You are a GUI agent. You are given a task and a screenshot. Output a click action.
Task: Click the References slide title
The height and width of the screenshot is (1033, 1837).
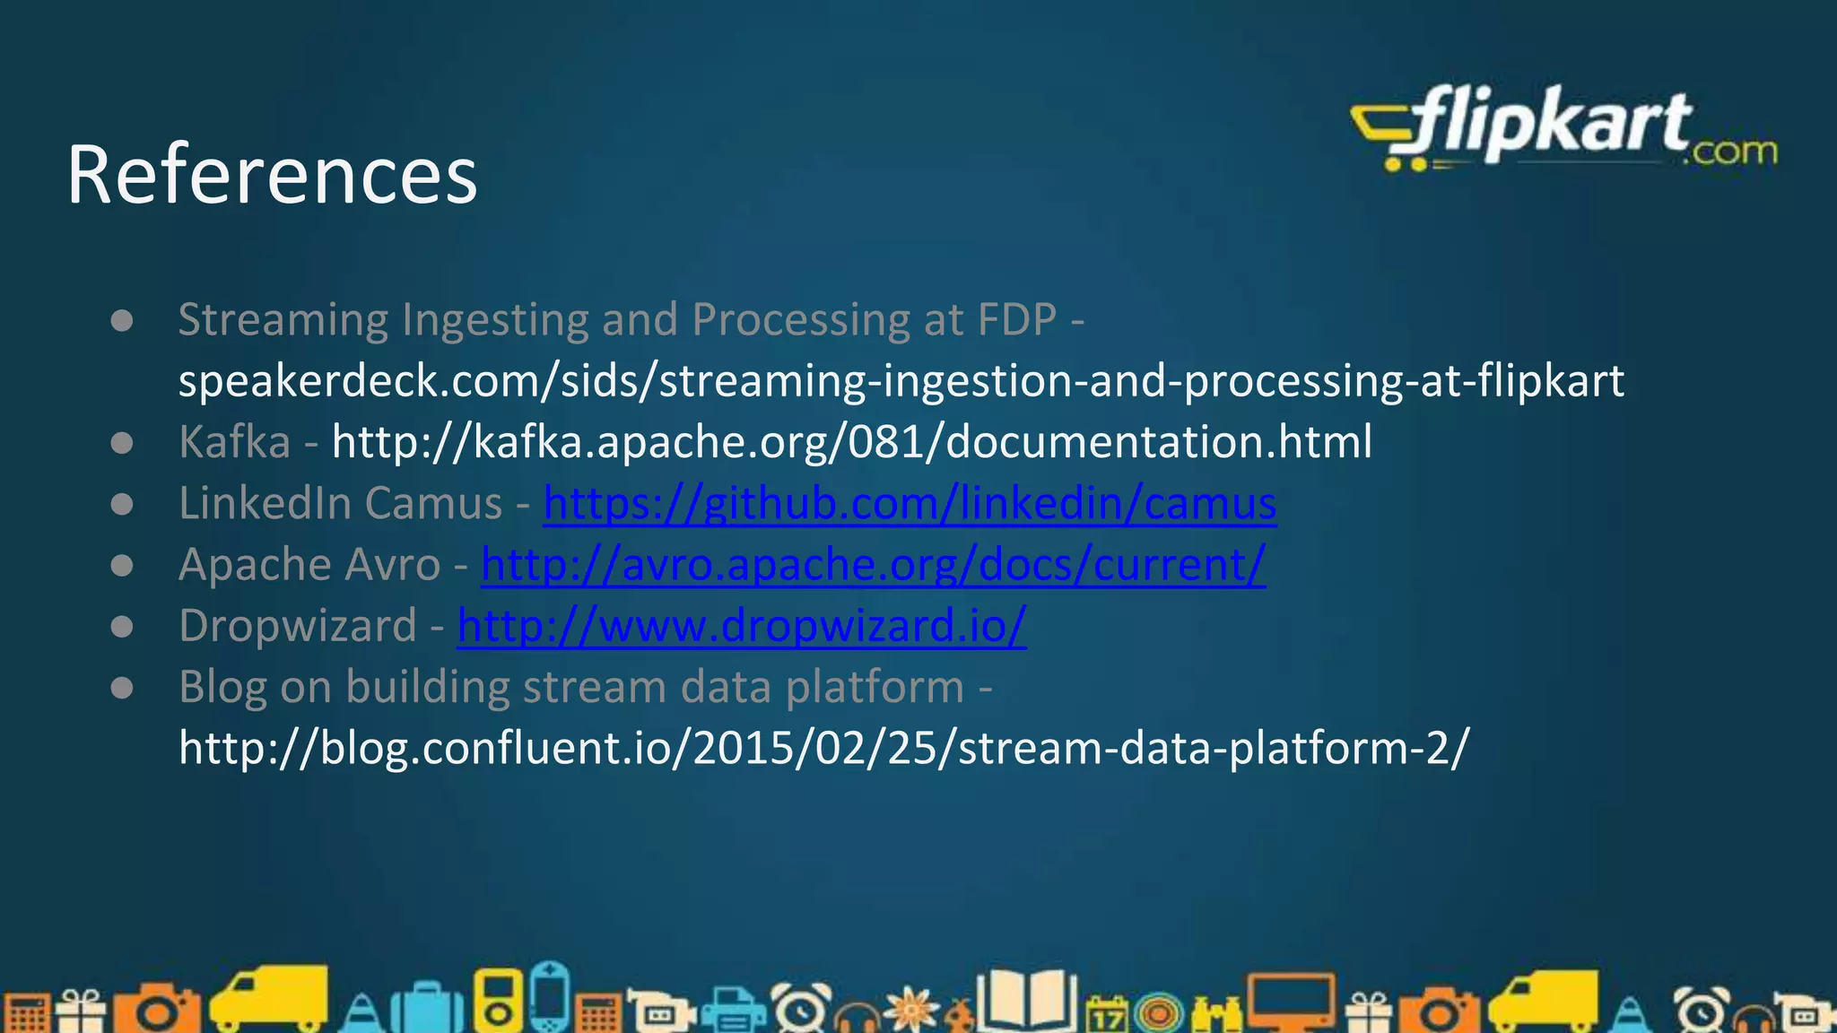pos(272,175)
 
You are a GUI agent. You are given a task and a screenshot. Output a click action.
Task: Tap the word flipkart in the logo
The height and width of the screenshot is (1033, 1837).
pos(1552,126)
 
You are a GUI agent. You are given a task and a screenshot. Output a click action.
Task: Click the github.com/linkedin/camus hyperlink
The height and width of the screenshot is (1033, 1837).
pos(910,503)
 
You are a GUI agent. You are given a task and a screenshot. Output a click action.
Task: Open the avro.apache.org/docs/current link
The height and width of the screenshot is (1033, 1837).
pos(873,565)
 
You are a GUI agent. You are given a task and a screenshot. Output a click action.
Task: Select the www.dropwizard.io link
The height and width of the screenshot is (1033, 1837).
pos(742,626)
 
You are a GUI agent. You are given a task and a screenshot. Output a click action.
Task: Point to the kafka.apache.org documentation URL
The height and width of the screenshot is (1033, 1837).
pos(851,442)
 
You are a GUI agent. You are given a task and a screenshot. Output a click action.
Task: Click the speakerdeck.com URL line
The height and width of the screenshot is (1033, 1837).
pos(901,381)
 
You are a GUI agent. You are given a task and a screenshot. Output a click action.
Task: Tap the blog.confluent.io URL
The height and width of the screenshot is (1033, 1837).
pos(823,748)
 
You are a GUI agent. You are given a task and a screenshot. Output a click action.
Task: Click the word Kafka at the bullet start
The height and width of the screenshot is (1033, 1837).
pos(234,442)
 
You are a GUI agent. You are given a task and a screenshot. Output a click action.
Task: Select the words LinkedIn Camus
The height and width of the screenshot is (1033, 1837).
pos(340,503)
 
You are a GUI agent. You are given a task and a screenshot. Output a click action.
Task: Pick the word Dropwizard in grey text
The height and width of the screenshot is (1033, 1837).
pos(298,626)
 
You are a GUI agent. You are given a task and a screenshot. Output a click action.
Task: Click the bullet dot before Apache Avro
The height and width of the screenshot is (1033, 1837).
pos(122,566)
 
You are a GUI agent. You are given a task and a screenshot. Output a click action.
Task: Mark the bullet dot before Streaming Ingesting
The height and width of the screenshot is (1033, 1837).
pos(122,321)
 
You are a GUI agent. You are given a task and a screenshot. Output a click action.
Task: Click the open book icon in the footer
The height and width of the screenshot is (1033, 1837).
pos(1027,1000)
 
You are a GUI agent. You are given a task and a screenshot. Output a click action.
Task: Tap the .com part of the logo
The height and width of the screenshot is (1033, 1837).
pos(1730,152)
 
